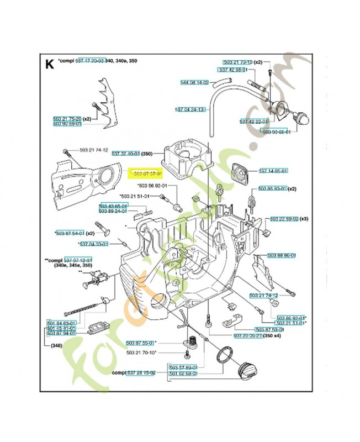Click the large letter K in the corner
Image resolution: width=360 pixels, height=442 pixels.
pyautogui.click(x=50, y=65)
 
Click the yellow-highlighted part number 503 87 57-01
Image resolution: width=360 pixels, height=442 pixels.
pyautogui.click(x=144, y=174)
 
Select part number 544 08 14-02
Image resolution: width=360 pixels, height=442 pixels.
pyautogui.click(x=195, y=83)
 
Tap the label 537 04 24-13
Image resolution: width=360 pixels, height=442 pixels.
pyautogui.click(x=189, y=109)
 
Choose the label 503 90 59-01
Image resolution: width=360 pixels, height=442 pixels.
pyautogui.click(x=67, y=124)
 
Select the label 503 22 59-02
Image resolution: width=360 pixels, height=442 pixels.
pyautogui.click(x=285, y=219)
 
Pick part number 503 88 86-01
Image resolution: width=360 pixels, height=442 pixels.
pyautogui.click(x=282, y=255)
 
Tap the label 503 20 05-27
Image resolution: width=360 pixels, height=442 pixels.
pyautogui.click(x=248, y=335)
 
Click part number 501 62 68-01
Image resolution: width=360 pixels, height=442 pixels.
pyautogui.click(x=183, y=373)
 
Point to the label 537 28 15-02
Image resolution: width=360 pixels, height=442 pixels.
pyautogui.click(x=141, y=373)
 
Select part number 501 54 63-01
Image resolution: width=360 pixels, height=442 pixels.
pyautogui.click(x=61, y=322)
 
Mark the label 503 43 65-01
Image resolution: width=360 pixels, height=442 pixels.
pyautogui.click(x=113, y=206)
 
